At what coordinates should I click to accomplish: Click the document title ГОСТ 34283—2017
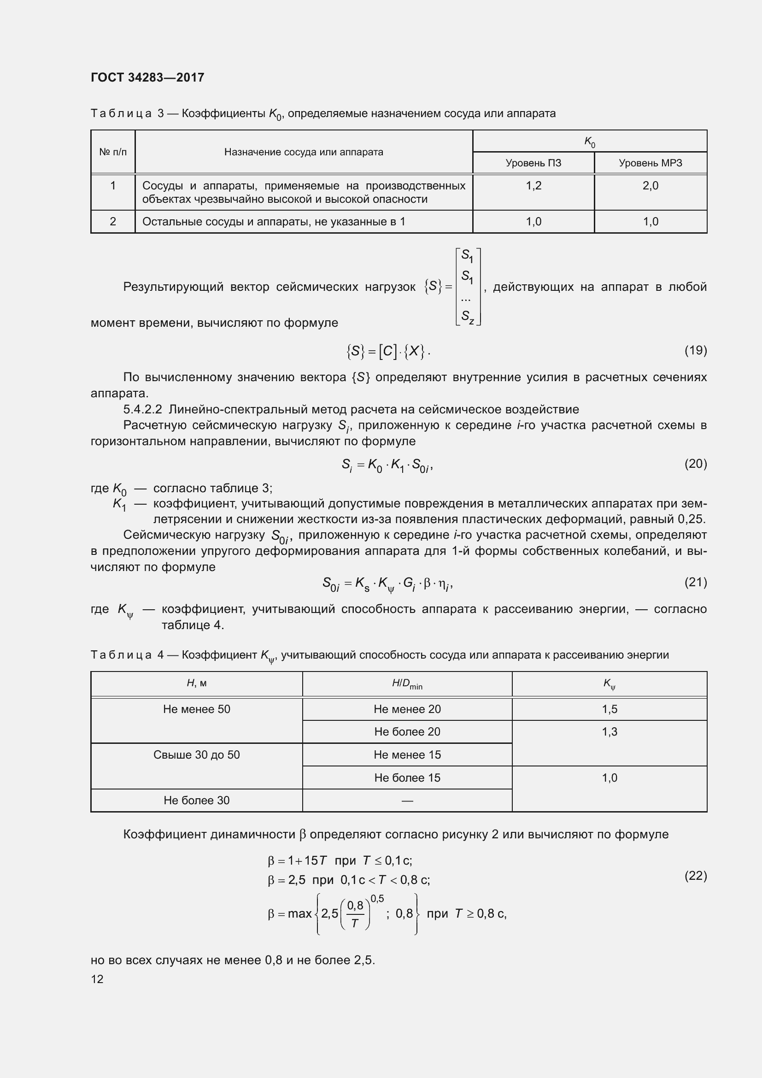[147, 77]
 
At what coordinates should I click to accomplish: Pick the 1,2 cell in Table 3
[533, 186]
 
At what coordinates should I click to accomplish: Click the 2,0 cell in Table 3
[651, 186]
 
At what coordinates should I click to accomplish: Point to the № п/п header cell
[112, 152]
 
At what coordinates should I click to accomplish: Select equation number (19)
[695, 350]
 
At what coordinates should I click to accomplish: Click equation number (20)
[695, 464]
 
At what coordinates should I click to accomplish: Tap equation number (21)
[695, 582]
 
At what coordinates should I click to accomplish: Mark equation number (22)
[695, 876]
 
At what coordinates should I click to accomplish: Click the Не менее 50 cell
[197, 709]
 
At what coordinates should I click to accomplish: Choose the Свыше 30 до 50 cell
[197, 754]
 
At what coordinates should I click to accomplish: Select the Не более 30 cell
[197, 800]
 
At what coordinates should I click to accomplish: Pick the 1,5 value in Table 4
[609, 709]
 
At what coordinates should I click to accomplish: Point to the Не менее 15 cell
[407, 754]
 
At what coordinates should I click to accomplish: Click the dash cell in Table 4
[407, 801]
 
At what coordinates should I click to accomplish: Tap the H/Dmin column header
[407, 683]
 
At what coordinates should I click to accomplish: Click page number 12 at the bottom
[97, 979]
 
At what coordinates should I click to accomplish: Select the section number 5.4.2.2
[143, 409]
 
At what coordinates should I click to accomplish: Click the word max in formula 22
[300, 913]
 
